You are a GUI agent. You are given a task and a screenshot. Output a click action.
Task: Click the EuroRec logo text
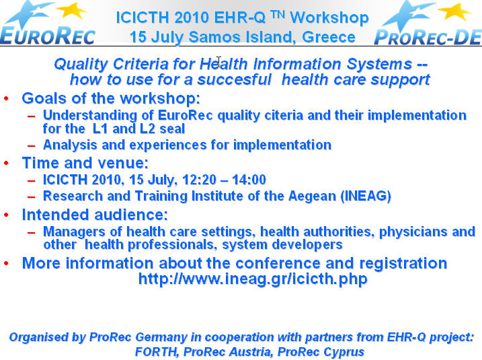click(48, 36)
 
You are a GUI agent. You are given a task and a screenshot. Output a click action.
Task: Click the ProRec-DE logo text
click(428, 37)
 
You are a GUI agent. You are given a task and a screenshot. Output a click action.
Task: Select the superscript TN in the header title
click(278, 14)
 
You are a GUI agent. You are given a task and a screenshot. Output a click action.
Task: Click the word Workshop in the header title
click(329, 18)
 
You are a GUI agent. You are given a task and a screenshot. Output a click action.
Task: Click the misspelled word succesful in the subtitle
click(235, 79)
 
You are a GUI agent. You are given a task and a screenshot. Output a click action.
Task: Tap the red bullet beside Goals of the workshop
click(7, 98)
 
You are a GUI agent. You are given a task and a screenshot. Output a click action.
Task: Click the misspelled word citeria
click(284, 115)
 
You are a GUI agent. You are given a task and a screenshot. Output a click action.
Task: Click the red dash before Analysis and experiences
click(31, 145)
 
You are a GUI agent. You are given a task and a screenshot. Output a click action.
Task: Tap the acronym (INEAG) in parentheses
click(366, 196)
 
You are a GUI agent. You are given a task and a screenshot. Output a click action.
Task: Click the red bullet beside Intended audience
click(7, 215)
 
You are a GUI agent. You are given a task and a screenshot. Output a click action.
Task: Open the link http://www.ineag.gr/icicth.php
click(253, 279)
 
